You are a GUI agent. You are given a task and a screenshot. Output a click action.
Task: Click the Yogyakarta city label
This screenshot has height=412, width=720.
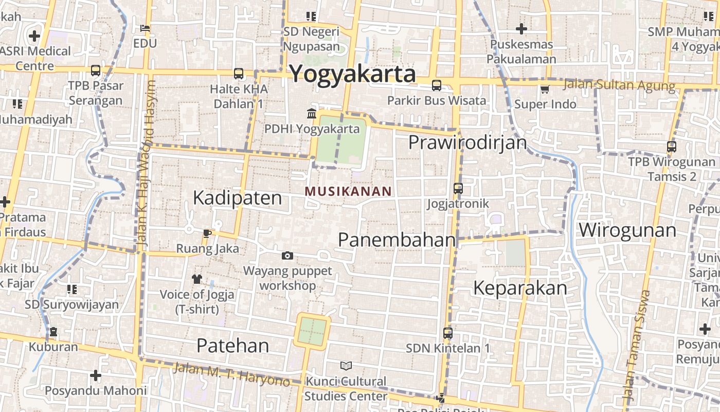click(352, 74)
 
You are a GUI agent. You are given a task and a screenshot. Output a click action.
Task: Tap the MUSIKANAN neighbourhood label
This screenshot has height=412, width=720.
click(348, 192)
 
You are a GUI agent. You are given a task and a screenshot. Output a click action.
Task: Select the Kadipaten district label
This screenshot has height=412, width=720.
click(238, 198)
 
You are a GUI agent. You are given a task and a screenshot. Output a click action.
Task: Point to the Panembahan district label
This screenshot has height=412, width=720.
click(397, 239)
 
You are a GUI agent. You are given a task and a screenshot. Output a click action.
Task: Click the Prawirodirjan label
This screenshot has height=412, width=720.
click(467, 142)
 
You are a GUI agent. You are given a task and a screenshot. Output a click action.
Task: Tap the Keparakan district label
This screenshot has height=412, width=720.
click(520, 288)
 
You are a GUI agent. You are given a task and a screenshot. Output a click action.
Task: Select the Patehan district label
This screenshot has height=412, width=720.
click(232, 346)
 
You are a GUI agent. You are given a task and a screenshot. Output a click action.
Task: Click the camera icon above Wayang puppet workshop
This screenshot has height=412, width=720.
click(287, 255)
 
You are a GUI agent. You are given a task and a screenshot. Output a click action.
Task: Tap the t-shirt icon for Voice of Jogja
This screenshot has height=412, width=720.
click(197, 279)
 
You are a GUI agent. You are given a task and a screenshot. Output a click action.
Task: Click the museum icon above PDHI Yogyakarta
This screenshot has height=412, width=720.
click(312, 113)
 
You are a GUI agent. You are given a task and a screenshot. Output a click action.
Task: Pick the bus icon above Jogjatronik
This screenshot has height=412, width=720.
click(458, 188)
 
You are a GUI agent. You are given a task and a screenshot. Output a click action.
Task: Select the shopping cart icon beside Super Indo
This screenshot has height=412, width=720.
click(545, 90)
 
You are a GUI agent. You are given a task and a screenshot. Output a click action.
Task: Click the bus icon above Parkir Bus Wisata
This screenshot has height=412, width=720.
click(437, 85)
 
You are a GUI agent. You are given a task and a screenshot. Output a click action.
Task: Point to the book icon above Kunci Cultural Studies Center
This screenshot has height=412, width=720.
click(346, 366)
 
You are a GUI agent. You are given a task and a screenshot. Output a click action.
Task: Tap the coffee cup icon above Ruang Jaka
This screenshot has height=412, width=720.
click(207, 233)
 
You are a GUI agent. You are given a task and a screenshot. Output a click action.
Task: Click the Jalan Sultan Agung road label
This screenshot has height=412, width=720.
click(619, 85)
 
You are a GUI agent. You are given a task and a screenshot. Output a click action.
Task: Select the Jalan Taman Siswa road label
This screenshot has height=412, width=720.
click(637, 346)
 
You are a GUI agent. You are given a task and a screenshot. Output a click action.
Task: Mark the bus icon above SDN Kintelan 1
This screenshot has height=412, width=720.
click(448, 333)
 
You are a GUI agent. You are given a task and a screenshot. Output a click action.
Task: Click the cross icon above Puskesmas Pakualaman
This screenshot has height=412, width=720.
click(521, 29)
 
